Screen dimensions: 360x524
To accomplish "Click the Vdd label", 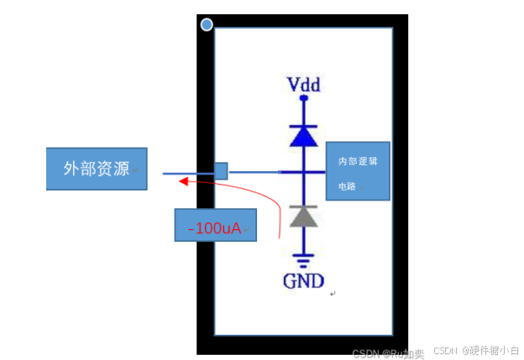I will (304, 85).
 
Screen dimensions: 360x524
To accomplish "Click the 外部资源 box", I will (97, 169).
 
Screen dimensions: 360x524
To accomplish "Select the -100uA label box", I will (215, 227).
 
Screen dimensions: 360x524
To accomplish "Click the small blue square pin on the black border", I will (221, 170).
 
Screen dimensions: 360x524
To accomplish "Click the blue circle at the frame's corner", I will (207, 25).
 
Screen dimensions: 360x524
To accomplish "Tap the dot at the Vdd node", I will (303, 98).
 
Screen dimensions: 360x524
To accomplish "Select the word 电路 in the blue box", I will (346, 186).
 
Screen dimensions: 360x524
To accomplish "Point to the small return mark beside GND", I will (333, 294).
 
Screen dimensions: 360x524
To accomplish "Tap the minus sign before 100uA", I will (191, 227).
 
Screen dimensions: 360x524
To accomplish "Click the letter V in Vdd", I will (293, 85).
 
